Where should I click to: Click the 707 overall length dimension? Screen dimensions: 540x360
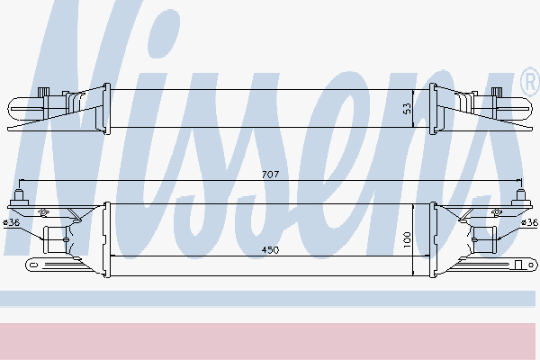coord(270,175)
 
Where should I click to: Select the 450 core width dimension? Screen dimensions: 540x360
coord(270,250)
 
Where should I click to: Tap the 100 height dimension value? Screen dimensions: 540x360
coord(407,239)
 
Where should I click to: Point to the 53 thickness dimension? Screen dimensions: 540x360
coord(407,109)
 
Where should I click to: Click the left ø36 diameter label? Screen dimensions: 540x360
coord(12,222)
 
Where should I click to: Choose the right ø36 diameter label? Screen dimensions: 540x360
coord(530,222)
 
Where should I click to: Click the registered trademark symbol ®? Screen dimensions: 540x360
coord(530,82)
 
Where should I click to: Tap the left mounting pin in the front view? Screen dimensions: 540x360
coord(19,197)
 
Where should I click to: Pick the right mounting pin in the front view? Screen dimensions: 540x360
coord(520,197)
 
